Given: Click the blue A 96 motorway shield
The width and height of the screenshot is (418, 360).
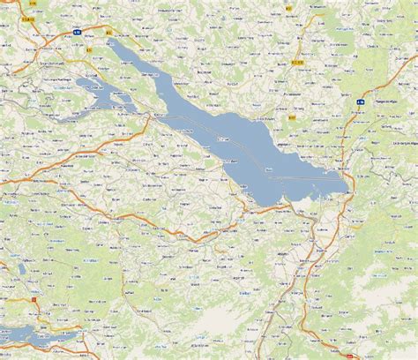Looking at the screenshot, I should coord(360,102).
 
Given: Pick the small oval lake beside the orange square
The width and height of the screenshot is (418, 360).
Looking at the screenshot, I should coord(20,268).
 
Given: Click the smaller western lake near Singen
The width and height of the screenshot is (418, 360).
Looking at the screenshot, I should coord(97,91).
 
